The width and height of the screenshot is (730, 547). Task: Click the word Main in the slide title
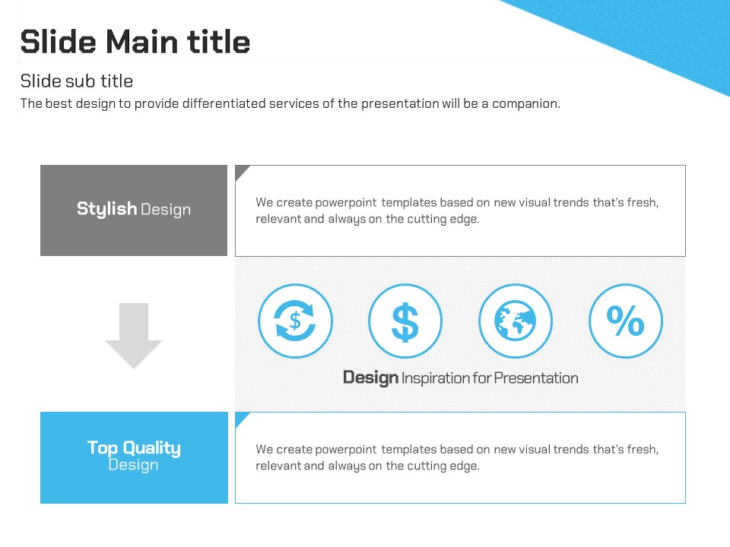142,42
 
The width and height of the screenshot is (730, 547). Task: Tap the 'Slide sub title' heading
77,81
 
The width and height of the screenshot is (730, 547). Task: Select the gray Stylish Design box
134,210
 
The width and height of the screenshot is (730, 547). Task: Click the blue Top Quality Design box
134,457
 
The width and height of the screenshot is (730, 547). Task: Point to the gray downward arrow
134,336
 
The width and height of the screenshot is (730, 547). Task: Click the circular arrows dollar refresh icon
295,321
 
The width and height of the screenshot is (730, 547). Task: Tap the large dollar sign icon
405,321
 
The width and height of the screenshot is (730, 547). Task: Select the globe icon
516,321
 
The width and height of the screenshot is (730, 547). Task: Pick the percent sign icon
626,321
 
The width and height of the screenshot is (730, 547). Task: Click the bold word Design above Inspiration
370,378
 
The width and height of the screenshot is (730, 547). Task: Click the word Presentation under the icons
536,378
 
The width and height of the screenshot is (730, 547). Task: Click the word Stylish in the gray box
106,209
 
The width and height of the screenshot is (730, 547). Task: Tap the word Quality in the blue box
152,448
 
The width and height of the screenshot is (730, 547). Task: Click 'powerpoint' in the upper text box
346,203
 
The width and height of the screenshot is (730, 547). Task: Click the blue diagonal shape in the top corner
652,33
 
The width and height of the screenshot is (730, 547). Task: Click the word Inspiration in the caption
436,378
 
